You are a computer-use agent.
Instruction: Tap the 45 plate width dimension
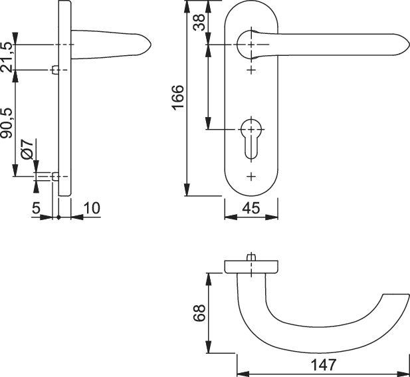click(x=251, y=207)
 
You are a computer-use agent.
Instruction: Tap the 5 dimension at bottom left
click(x=35, y=208)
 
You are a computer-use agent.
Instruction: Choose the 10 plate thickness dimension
click(x=91, y=208)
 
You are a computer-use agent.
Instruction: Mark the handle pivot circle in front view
click(x=251, y=44)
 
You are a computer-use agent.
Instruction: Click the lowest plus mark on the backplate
click(x=251, y=176)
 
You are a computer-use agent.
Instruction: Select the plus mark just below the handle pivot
click(x=251, y=69)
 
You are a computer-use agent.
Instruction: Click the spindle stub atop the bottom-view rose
click(x=251, y=257)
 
